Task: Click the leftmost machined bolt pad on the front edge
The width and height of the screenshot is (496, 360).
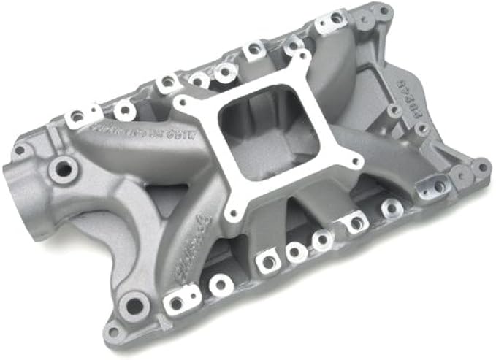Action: (x=175, y=300)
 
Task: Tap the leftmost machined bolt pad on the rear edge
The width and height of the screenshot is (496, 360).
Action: (x=77, y=117)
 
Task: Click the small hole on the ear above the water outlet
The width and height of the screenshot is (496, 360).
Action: (x=20, y=150)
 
